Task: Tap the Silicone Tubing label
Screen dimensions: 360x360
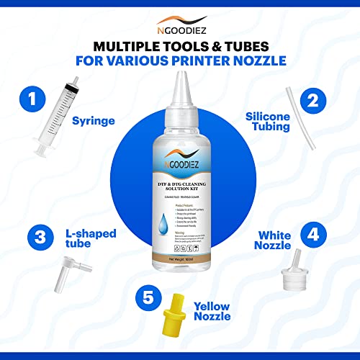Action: [x=269, y=120]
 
